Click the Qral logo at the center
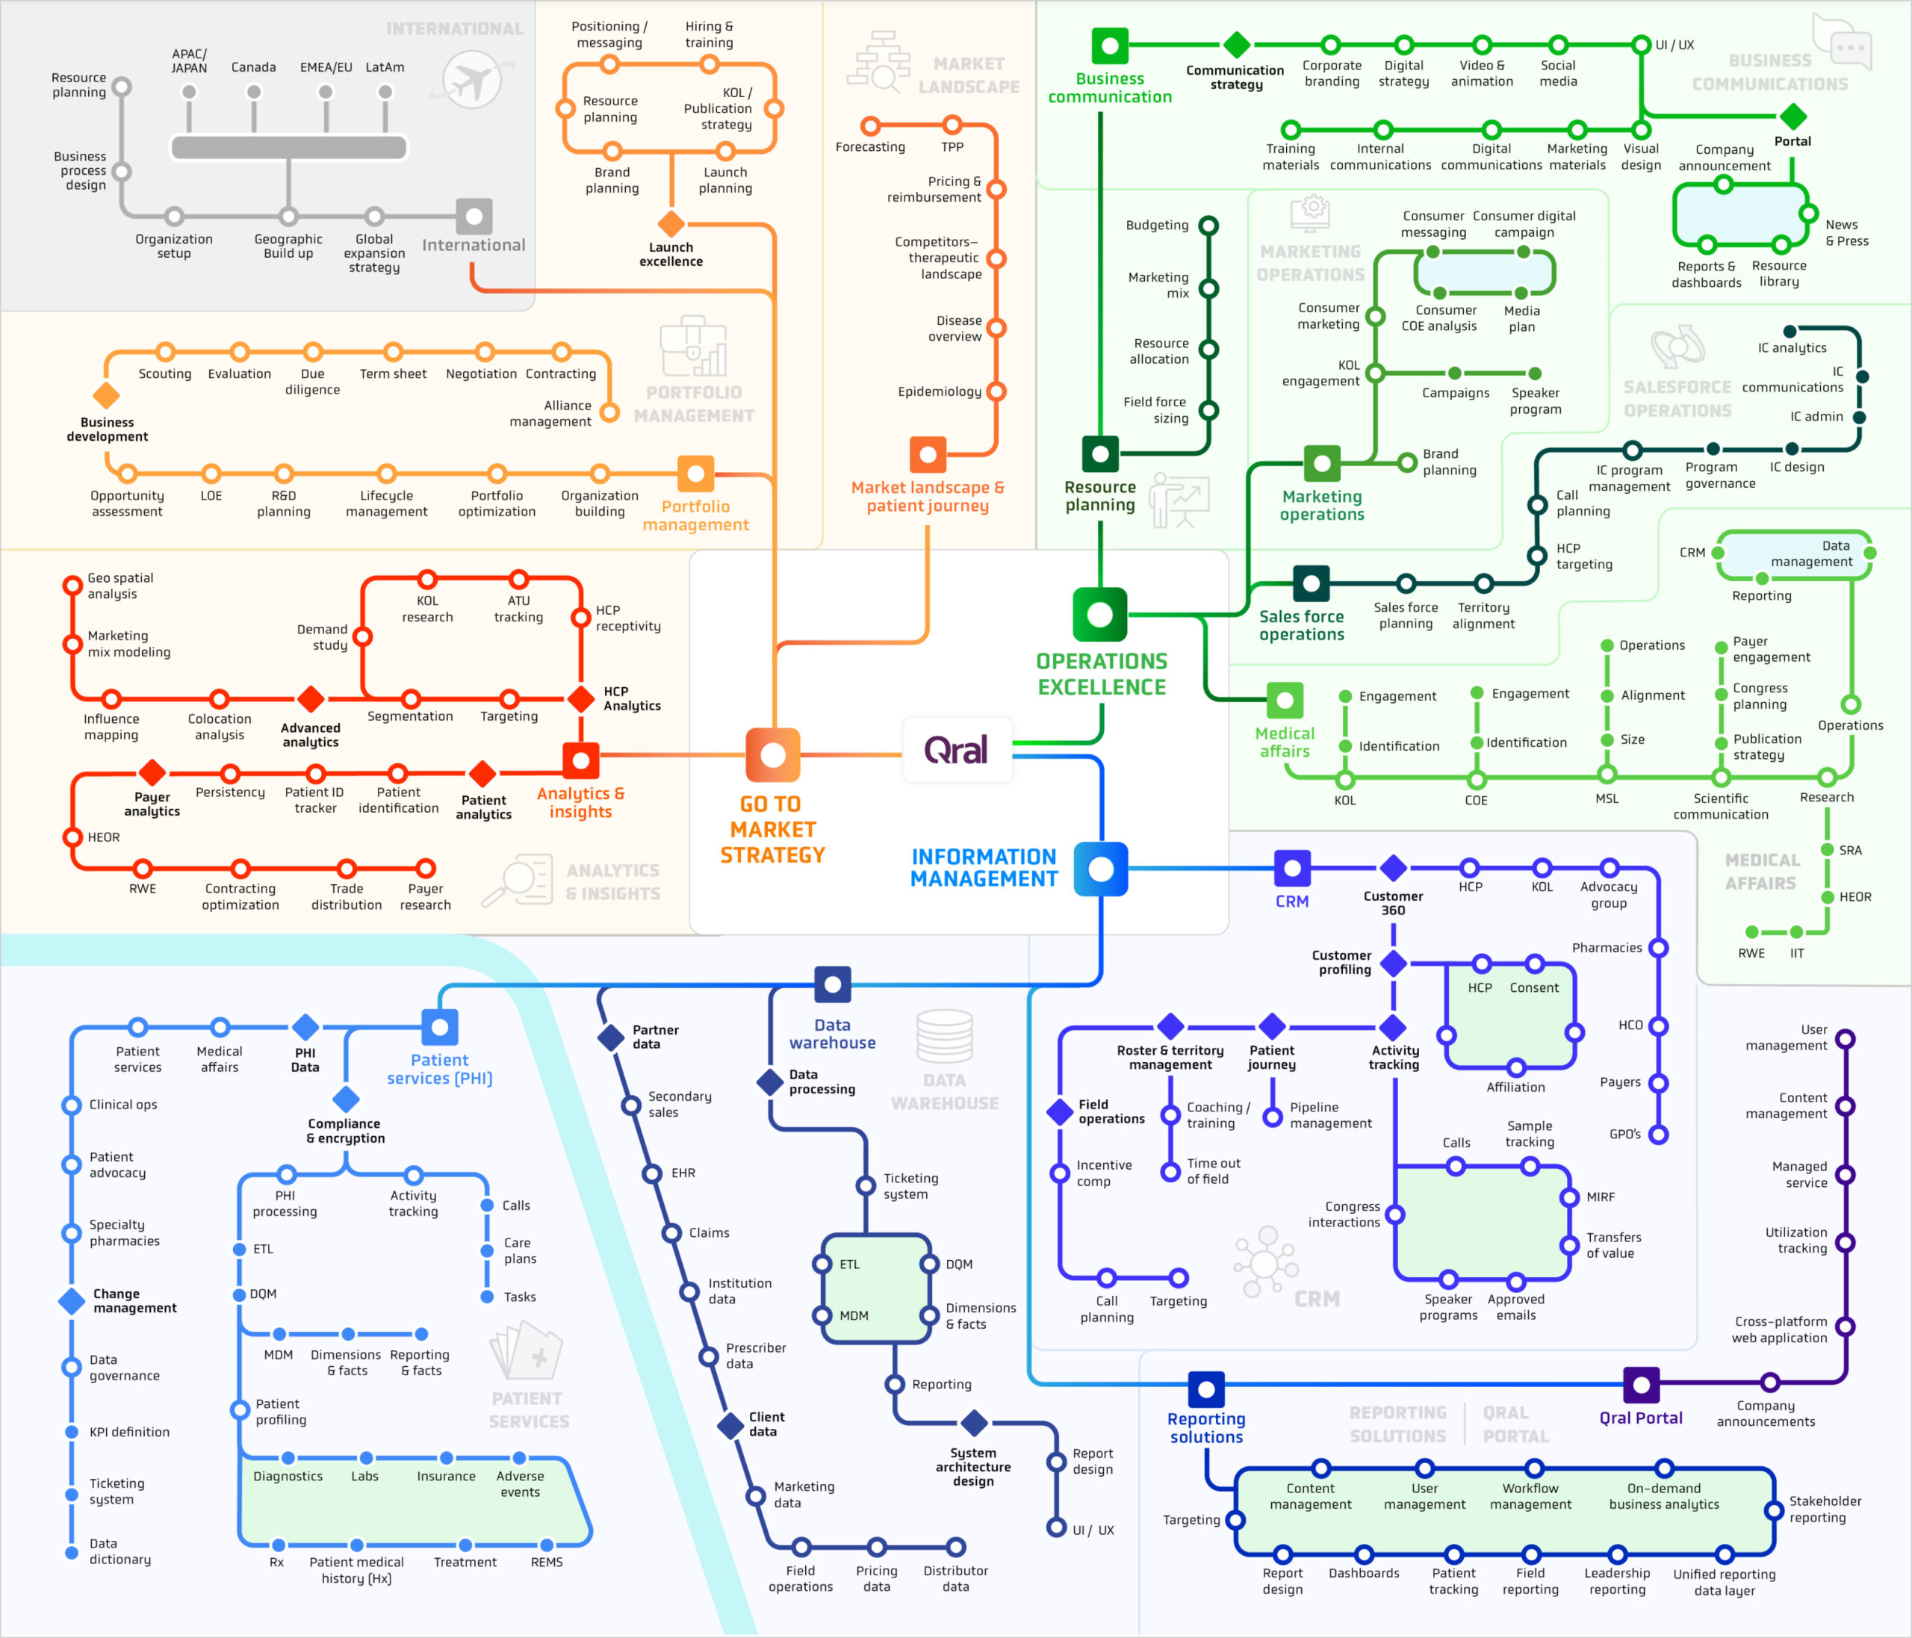(x=956, y=749)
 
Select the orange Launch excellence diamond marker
(x=671, y=223)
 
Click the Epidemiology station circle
(x=996, y=391)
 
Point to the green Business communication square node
(x=1110, y=46)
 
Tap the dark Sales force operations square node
(x=1312, y=583)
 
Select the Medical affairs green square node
(x=1285, y=701)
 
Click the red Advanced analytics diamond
(x=311, y=698)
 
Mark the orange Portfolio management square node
(x=696, y=474)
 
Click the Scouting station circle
(x=165, y=352)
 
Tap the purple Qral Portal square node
(x=1641, y=1384)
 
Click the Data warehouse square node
(x=832, y=984)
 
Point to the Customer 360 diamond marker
(x=1394, y=867)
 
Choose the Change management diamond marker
(x=72, y=1300)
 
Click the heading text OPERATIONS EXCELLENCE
(x=1102, y=674)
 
